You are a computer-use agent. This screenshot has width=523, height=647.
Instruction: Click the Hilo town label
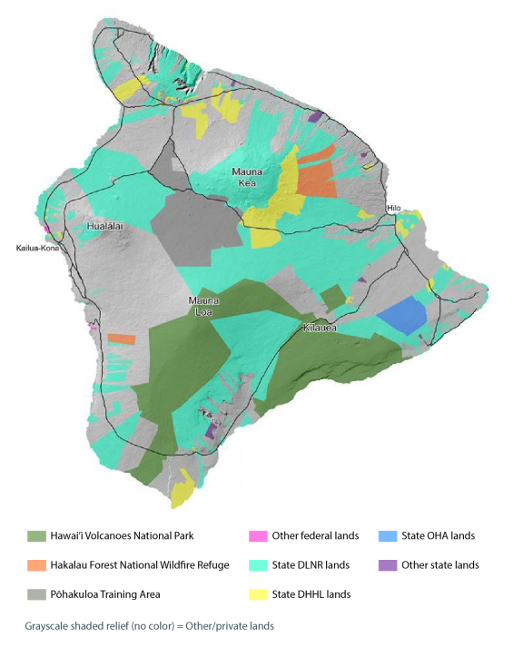(x=393, y=208)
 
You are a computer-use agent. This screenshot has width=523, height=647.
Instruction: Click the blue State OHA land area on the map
(x=402, y=318)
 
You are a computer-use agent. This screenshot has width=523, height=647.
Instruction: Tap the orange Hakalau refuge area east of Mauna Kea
(x=317, y=177)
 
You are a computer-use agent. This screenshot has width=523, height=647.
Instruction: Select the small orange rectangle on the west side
(x=121, y=338)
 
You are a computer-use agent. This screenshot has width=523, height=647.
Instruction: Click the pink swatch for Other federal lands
(x=259, y=535)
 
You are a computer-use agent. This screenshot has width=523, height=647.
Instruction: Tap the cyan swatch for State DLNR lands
(x=259, y=565)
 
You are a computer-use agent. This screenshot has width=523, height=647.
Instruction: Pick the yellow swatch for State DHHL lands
(x=259, y=594)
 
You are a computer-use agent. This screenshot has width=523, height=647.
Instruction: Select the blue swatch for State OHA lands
(x=389, y=535)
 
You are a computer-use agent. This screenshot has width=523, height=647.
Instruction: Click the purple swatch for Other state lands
(x=389, y=565)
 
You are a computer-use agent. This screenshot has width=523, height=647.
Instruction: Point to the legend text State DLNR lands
(x=311, y=565)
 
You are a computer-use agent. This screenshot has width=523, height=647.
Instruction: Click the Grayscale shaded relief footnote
(x=149, y=625)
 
